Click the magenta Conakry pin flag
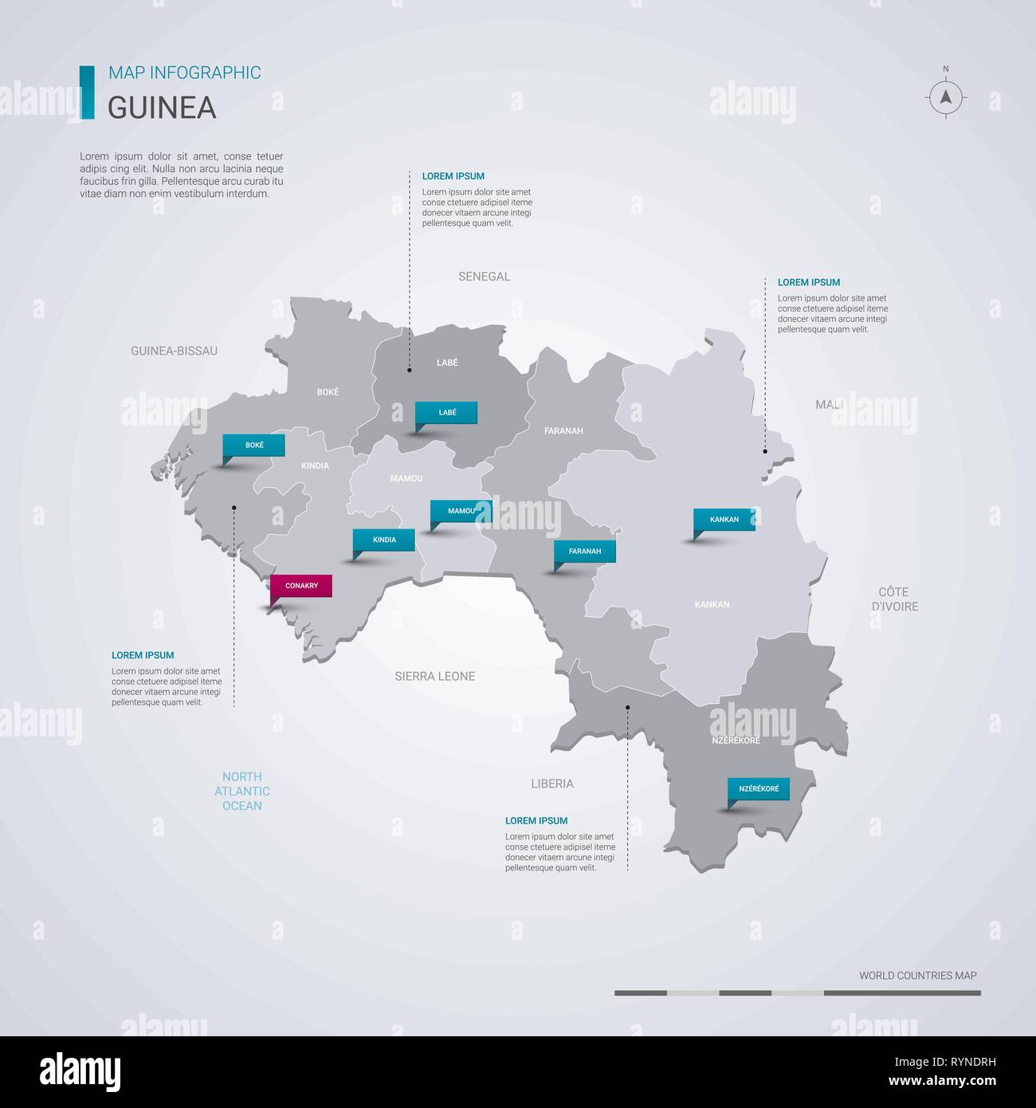[x=301, y=587]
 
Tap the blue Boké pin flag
[x=254, y=446]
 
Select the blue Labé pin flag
[x=446, y=413]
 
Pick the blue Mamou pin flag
[x=461, y=511]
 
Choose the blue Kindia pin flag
[x=384, y=540]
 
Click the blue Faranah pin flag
[x=585, y=552]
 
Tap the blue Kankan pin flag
[x=724, y=520]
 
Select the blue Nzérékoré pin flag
[x=759, y=789]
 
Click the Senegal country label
[x=484, y=277]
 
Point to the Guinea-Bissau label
[x=174, y=351]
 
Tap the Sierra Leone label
[x=435, y=677]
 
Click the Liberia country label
[x=552, y=784]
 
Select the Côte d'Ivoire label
[x=893, y=599]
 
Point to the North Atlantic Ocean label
[x=242, y=792]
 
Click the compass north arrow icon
[x=946, y=97]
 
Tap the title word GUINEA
[x=162, y=108]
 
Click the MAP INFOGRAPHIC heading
[x=184, y=73]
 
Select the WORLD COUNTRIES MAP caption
[x=917, y=976]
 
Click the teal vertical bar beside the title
[x=87, y=92]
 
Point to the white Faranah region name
[x=563, y=431]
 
